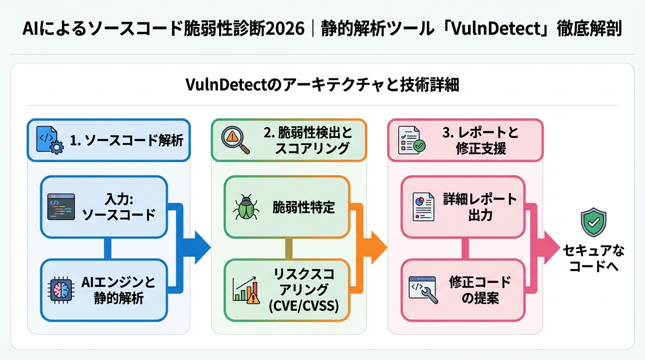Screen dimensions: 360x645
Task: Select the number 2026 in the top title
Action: click(x=287, y=29)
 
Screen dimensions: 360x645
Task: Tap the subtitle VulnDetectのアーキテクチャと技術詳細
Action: click(x=322, y=85)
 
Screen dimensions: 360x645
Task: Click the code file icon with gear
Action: click(x=50, y=140)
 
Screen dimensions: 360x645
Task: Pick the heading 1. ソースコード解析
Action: click(x=127, y=140)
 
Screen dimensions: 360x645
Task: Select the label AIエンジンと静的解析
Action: click(x=118, y=290)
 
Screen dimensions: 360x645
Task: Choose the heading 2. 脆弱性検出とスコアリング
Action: click(x=307, y=140)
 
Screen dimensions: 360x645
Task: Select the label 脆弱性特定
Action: click(x=304, y=207)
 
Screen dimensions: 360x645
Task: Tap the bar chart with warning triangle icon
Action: click(x=246, y=289)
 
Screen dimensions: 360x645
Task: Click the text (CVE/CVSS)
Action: click(x=304, y=307)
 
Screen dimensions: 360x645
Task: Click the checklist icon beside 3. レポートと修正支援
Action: click(x=411, y=140)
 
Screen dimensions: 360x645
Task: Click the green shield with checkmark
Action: click(x=593, y=223)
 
